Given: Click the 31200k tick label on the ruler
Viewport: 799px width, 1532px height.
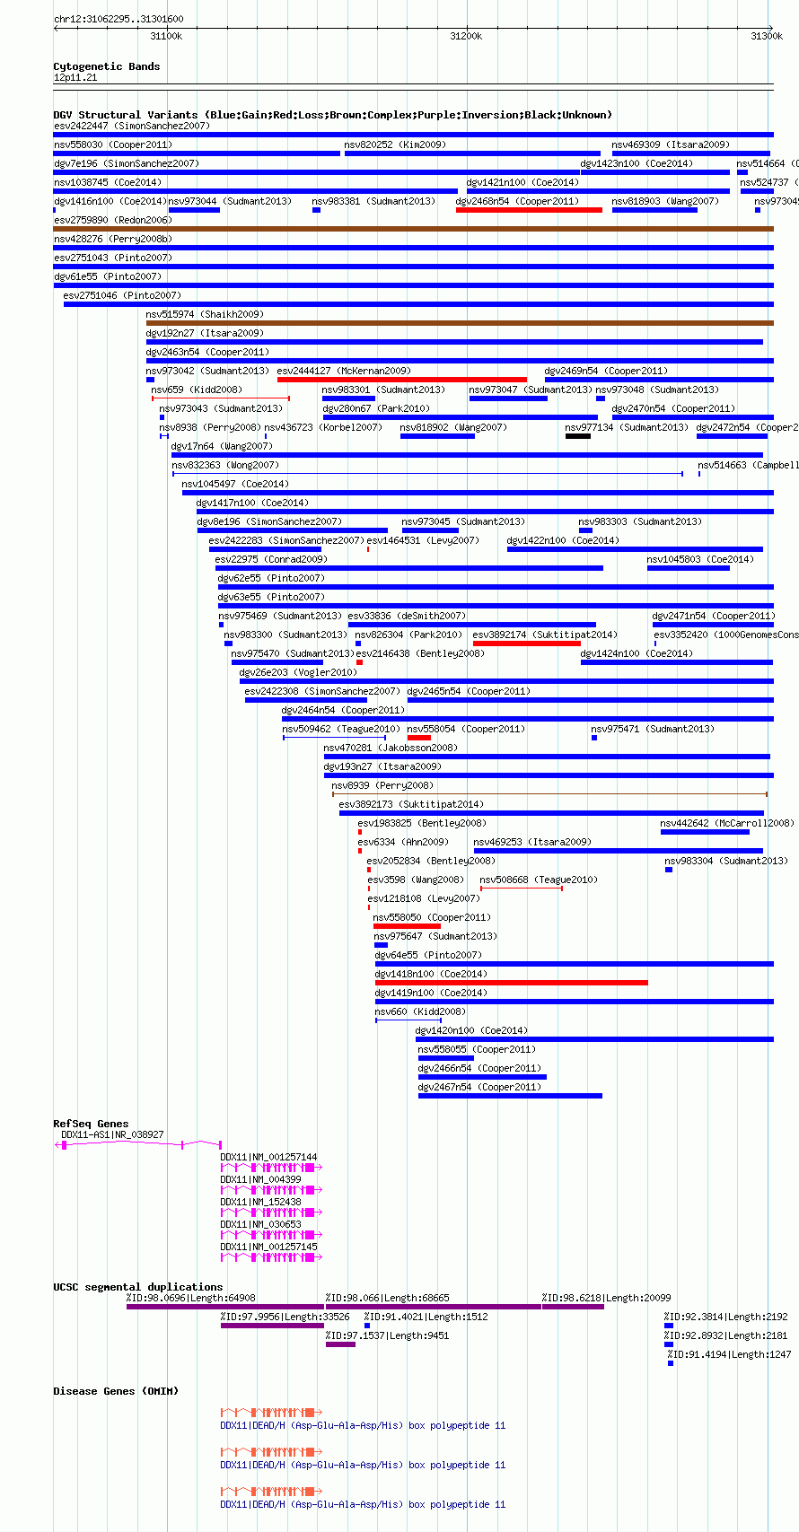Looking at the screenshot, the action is click(466, 36).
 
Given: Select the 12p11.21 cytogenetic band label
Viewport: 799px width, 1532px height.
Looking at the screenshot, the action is click(75, 78).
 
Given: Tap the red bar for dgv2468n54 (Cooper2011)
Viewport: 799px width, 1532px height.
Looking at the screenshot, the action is click(529, 210).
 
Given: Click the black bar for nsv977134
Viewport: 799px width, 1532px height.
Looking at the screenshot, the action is click(578, 435).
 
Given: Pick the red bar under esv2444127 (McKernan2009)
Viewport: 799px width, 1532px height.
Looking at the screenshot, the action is click(402, 380).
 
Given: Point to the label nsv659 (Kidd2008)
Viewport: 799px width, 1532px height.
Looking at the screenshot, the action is click(197, 390).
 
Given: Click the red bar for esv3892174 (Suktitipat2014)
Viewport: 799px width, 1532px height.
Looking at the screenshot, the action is click(527, 643).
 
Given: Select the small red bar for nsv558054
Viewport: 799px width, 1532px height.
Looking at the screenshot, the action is click(419, 738).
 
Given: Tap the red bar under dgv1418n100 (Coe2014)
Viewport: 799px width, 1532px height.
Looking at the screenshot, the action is click(511, 983).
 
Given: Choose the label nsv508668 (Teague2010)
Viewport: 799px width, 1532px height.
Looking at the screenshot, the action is click(539, 880).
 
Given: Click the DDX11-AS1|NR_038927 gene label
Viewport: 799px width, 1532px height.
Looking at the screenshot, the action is click(112, 1134).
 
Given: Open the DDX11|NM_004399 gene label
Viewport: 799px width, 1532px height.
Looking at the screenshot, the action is click(260, 1180).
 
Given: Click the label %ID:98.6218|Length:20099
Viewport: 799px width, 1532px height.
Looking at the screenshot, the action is click(606, 1298).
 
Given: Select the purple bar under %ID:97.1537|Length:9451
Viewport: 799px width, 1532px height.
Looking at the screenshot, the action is click(340, 1344).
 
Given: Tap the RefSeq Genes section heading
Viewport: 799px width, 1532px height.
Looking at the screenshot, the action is click(91, 1124).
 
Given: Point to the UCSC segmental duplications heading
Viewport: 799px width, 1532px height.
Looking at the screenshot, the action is click(138, 1287).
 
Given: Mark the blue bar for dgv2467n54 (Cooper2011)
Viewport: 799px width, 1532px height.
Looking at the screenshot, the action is click(510, 1096).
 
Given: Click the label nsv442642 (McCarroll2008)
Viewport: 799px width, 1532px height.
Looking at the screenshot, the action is click(727, 824).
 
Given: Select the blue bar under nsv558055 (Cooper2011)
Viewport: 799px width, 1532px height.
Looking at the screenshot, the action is click(446, 1058).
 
